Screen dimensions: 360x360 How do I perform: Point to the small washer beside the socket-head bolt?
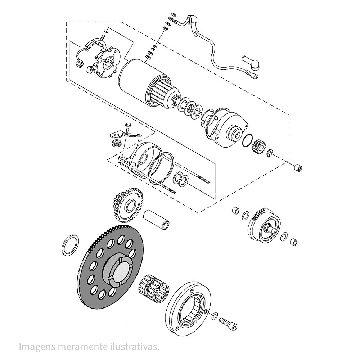click(215, 316)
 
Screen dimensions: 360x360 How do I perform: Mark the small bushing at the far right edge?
click(298, 168)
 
